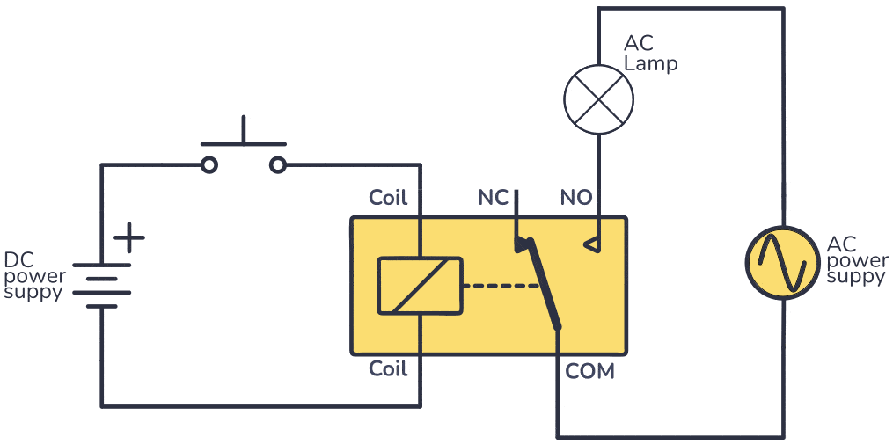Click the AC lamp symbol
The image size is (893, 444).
tap(598, 98)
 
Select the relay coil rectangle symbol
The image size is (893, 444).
tap(420, 286)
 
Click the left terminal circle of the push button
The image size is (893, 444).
tap(209, 164)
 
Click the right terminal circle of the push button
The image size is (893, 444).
tap(278, 164)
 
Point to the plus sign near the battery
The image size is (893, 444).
tap(129, 237)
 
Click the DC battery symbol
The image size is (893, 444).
tap(101, 286)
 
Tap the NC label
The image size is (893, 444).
tap(493, 198)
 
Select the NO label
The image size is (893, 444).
tap(576, 198)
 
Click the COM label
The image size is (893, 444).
tap(589, 371)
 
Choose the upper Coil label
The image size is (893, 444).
tap(388, 198)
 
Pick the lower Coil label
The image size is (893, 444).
tap(388, 368)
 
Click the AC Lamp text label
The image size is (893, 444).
tap(650, 54)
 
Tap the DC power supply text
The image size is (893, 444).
tap(34, 276)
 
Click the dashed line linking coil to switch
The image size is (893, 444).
tap(501, 286)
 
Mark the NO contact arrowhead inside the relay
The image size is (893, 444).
tap(593, 244)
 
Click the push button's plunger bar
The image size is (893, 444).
tap(244, 142)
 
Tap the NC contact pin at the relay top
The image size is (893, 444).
tap(517, 215)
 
